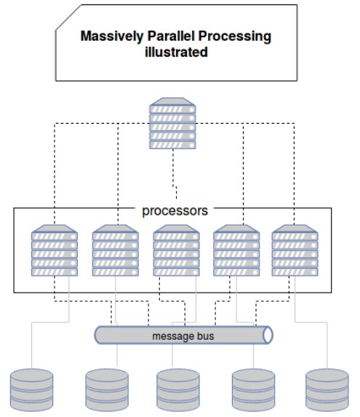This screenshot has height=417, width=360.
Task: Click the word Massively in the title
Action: click(112, 36)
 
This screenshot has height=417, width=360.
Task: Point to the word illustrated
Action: click(176, 52)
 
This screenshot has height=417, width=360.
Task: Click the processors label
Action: click(175, 211)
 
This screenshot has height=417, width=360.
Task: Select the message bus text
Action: click(183, 336)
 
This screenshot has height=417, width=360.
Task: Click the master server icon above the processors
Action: click(172, 124)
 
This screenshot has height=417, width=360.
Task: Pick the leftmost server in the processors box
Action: click(55, 250)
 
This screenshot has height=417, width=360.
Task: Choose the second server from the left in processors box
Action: click(116, 250)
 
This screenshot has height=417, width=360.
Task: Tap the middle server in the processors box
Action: click(177, 250)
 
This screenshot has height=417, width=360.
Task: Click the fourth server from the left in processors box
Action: click(236, 250)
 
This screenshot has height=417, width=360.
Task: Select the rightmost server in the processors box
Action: click(295, 250)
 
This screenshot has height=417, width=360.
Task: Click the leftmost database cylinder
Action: click(31, 390)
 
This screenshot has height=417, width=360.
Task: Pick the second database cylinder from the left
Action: click(107, 390)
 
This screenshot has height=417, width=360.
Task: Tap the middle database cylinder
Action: click(178, 390)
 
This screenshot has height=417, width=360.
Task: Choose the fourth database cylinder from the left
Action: click(254, 390)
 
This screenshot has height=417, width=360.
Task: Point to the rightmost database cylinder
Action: click(327, 390)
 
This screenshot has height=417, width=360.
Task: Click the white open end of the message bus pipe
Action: click(268, 335)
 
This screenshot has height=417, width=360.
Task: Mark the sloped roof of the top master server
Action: click(172, 102)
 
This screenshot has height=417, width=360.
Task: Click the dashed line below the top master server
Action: click(175, 174)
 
